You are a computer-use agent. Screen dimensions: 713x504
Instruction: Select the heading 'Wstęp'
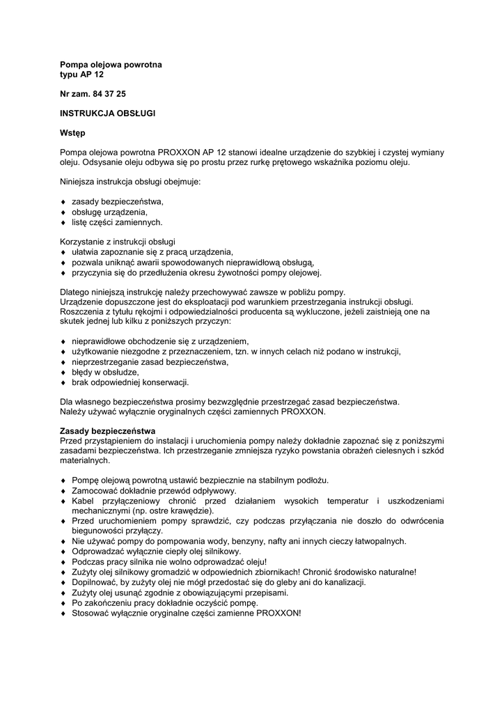72,132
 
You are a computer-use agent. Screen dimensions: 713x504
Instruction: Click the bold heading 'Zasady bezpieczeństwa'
107,432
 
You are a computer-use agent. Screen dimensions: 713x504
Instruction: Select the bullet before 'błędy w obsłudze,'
63,373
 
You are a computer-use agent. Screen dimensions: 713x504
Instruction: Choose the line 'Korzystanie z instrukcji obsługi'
118,242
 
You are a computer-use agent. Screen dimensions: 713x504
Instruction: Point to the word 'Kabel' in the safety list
84,501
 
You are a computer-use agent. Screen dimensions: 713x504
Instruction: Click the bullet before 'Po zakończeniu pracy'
63,603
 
